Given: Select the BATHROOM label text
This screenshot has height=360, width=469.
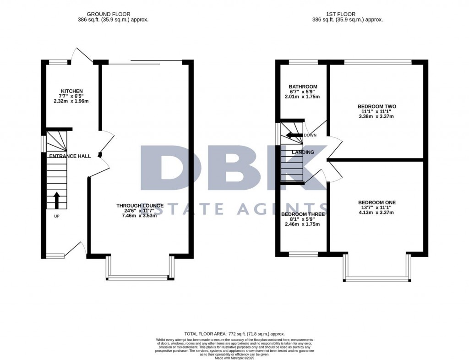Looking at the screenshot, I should pyautogui.click(x=303, y=87).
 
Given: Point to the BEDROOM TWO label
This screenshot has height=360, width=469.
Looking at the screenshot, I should pyautogui.click(x=376, y=106).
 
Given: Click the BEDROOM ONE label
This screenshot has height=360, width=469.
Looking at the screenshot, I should pyautogui.click(x=376, y=202).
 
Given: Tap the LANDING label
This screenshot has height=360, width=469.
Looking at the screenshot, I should pyautogui.click(x=303, y=152).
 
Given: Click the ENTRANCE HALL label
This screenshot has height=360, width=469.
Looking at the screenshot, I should pyautogui.click(x=70, y=156).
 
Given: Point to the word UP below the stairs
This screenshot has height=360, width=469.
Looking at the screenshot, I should pyautogui.click(x=57, y=216).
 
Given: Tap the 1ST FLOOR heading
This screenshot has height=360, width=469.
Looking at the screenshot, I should pyautogui.click(x=347, y=14).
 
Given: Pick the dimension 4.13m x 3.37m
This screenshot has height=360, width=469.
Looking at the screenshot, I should pyautogui.click(x=376, y=212).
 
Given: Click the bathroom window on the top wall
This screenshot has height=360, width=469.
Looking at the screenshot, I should pyautogui.click(x=303, y=62).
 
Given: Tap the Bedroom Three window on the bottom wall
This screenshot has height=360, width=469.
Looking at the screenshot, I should pyautogui.click(x=303, y=254).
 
